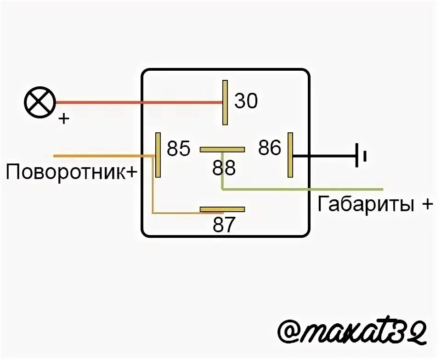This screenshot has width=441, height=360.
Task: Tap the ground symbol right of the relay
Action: [x=360, y=156]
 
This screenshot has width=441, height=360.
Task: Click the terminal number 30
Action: [x=246, y=101]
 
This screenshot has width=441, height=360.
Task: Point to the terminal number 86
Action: [x=269, y=148]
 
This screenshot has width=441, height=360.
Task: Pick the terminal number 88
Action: [x=224, y=169]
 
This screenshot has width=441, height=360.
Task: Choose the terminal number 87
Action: [x=224, y=225]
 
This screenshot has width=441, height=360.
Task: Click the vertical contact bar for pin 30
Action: [x=225, y=102]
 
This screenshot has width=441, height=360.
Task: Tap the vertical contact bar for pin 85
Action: [x=158, y=155]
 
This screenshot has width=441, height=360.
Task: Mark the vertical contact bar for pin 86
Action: [x=290, y=155]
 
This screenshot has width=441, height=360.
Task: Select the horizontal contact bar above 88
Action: [x=222, y=149]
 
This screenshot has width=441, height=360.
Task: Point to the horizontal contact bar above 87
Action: [x=222, y=209]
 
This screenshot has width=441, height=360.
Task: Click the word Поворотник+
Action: [x=72, y=173]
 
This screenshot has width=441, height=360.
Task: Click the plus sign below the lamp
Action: [x=64, y=119]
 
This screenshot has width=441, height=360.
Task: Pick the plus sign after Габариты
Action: [x=425, y=204]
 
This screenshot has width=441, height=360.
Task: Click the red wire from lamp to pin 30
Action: [x=138, y=102]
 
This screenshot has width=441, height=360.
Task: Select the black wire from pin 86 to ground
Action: [x=324, y=156]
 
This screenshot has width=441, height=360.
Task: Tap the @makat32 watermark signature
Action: [x=353, y=332]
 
